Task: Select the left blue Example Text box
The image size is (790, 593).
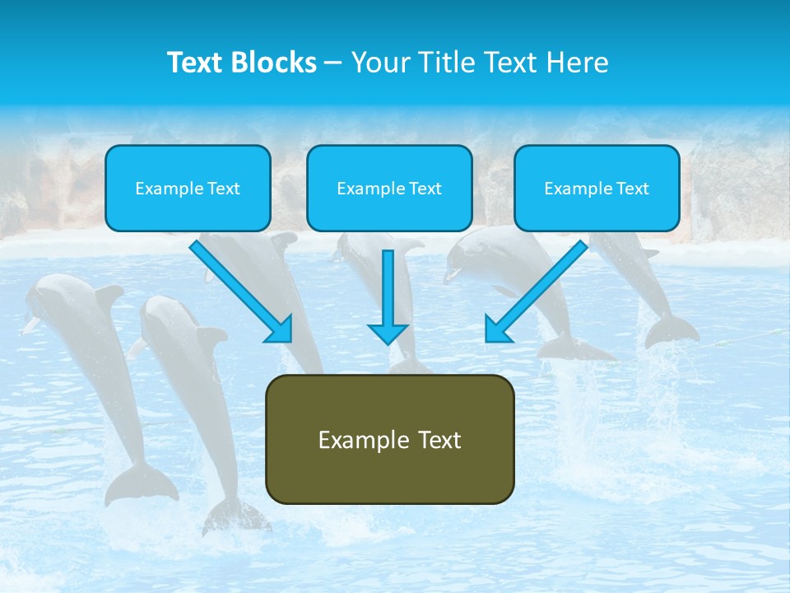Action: click(188, 188)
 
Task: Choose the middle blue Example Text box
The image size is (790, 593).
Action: click(389, 188)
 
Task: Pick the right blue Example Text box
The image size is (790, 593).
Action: click(597, 188)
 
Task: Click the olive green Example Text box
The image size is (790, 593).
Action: click(389, 439)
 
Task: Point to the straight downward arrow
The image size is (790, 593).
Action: click(388, 296)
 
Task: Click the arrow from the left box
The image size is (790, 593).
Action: click(240, 290)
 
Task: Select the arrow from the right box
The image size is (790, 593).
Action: click(537, 290)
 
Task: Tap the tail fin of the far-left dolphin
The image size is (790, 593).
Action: click(140, 486)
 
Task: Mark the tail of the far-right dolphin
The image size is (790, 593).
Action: click(671, 330)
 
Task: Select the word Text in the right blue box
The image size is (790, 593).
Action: click(633, 188)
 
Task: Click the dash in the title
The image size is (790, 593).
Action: click(333, 63)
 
